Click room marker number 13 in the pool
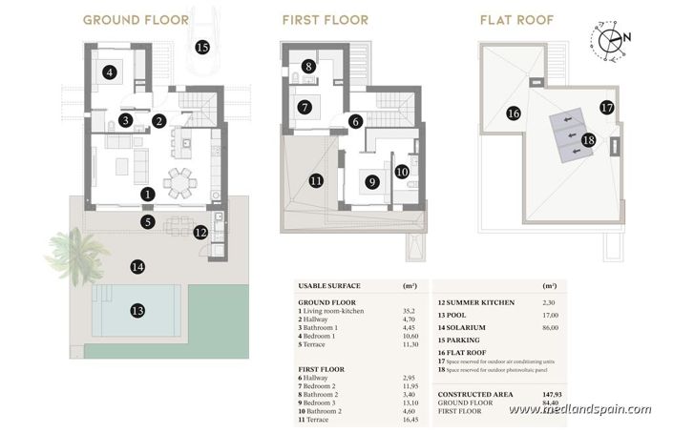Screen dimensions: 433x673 [x=137, y=311]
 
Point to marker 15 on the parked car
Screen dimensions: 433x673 [x=201, y=46]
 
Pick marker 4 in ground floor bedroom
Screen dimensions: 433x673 [x=111, y=72]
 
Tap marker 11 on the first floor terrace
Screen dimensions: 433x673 [x=316, y=179]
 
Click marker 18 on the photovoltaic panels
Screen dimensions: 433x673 [x=589, y=139]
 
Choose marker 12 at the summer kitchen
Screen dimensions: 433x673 [x=200, y=232]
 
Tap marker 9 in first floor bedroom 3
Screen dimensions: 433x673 [x=371, y=180]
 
